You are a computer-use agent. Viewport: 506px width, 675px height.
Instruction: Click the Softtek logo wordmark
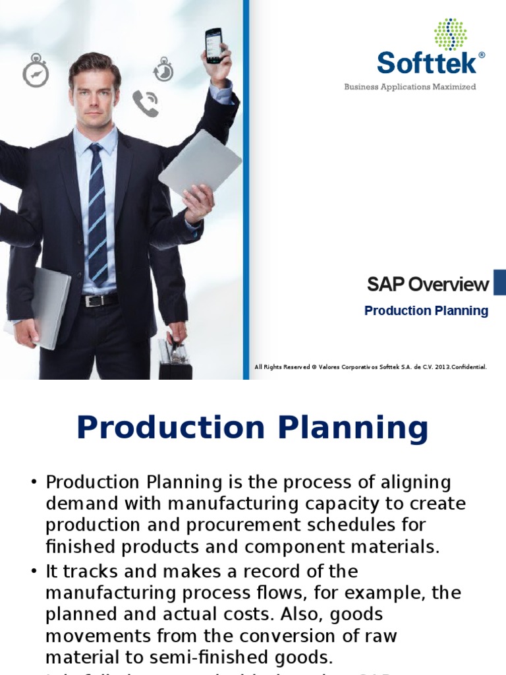point(426,64)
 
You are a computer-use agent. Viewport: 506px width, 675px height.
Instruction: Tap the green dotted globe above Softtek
point(450,34)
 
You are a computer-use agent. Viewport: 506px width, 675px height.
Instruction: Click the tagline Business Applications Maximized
point(410,87)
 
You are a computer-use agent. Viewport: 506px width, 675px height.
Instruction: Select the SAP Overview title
point(428,285)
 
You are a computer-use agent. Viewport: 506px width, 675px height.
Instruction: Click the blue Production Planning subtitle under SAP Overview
point(426,310)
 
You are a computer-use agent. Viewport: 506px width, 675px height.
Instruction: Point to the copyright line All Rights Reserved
point(370,367)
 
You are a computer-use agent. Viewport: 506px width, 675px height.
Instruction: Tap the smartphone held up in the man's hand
point(213,45)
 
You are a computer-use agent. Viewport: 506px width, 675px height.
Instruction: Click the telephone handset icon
point(146,103)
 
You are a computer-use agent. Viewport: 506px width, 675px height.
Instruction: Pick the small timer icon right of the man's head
point(163,69)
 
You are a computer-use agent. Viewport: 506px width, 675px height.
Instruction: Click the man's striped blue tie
point(98,214)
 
